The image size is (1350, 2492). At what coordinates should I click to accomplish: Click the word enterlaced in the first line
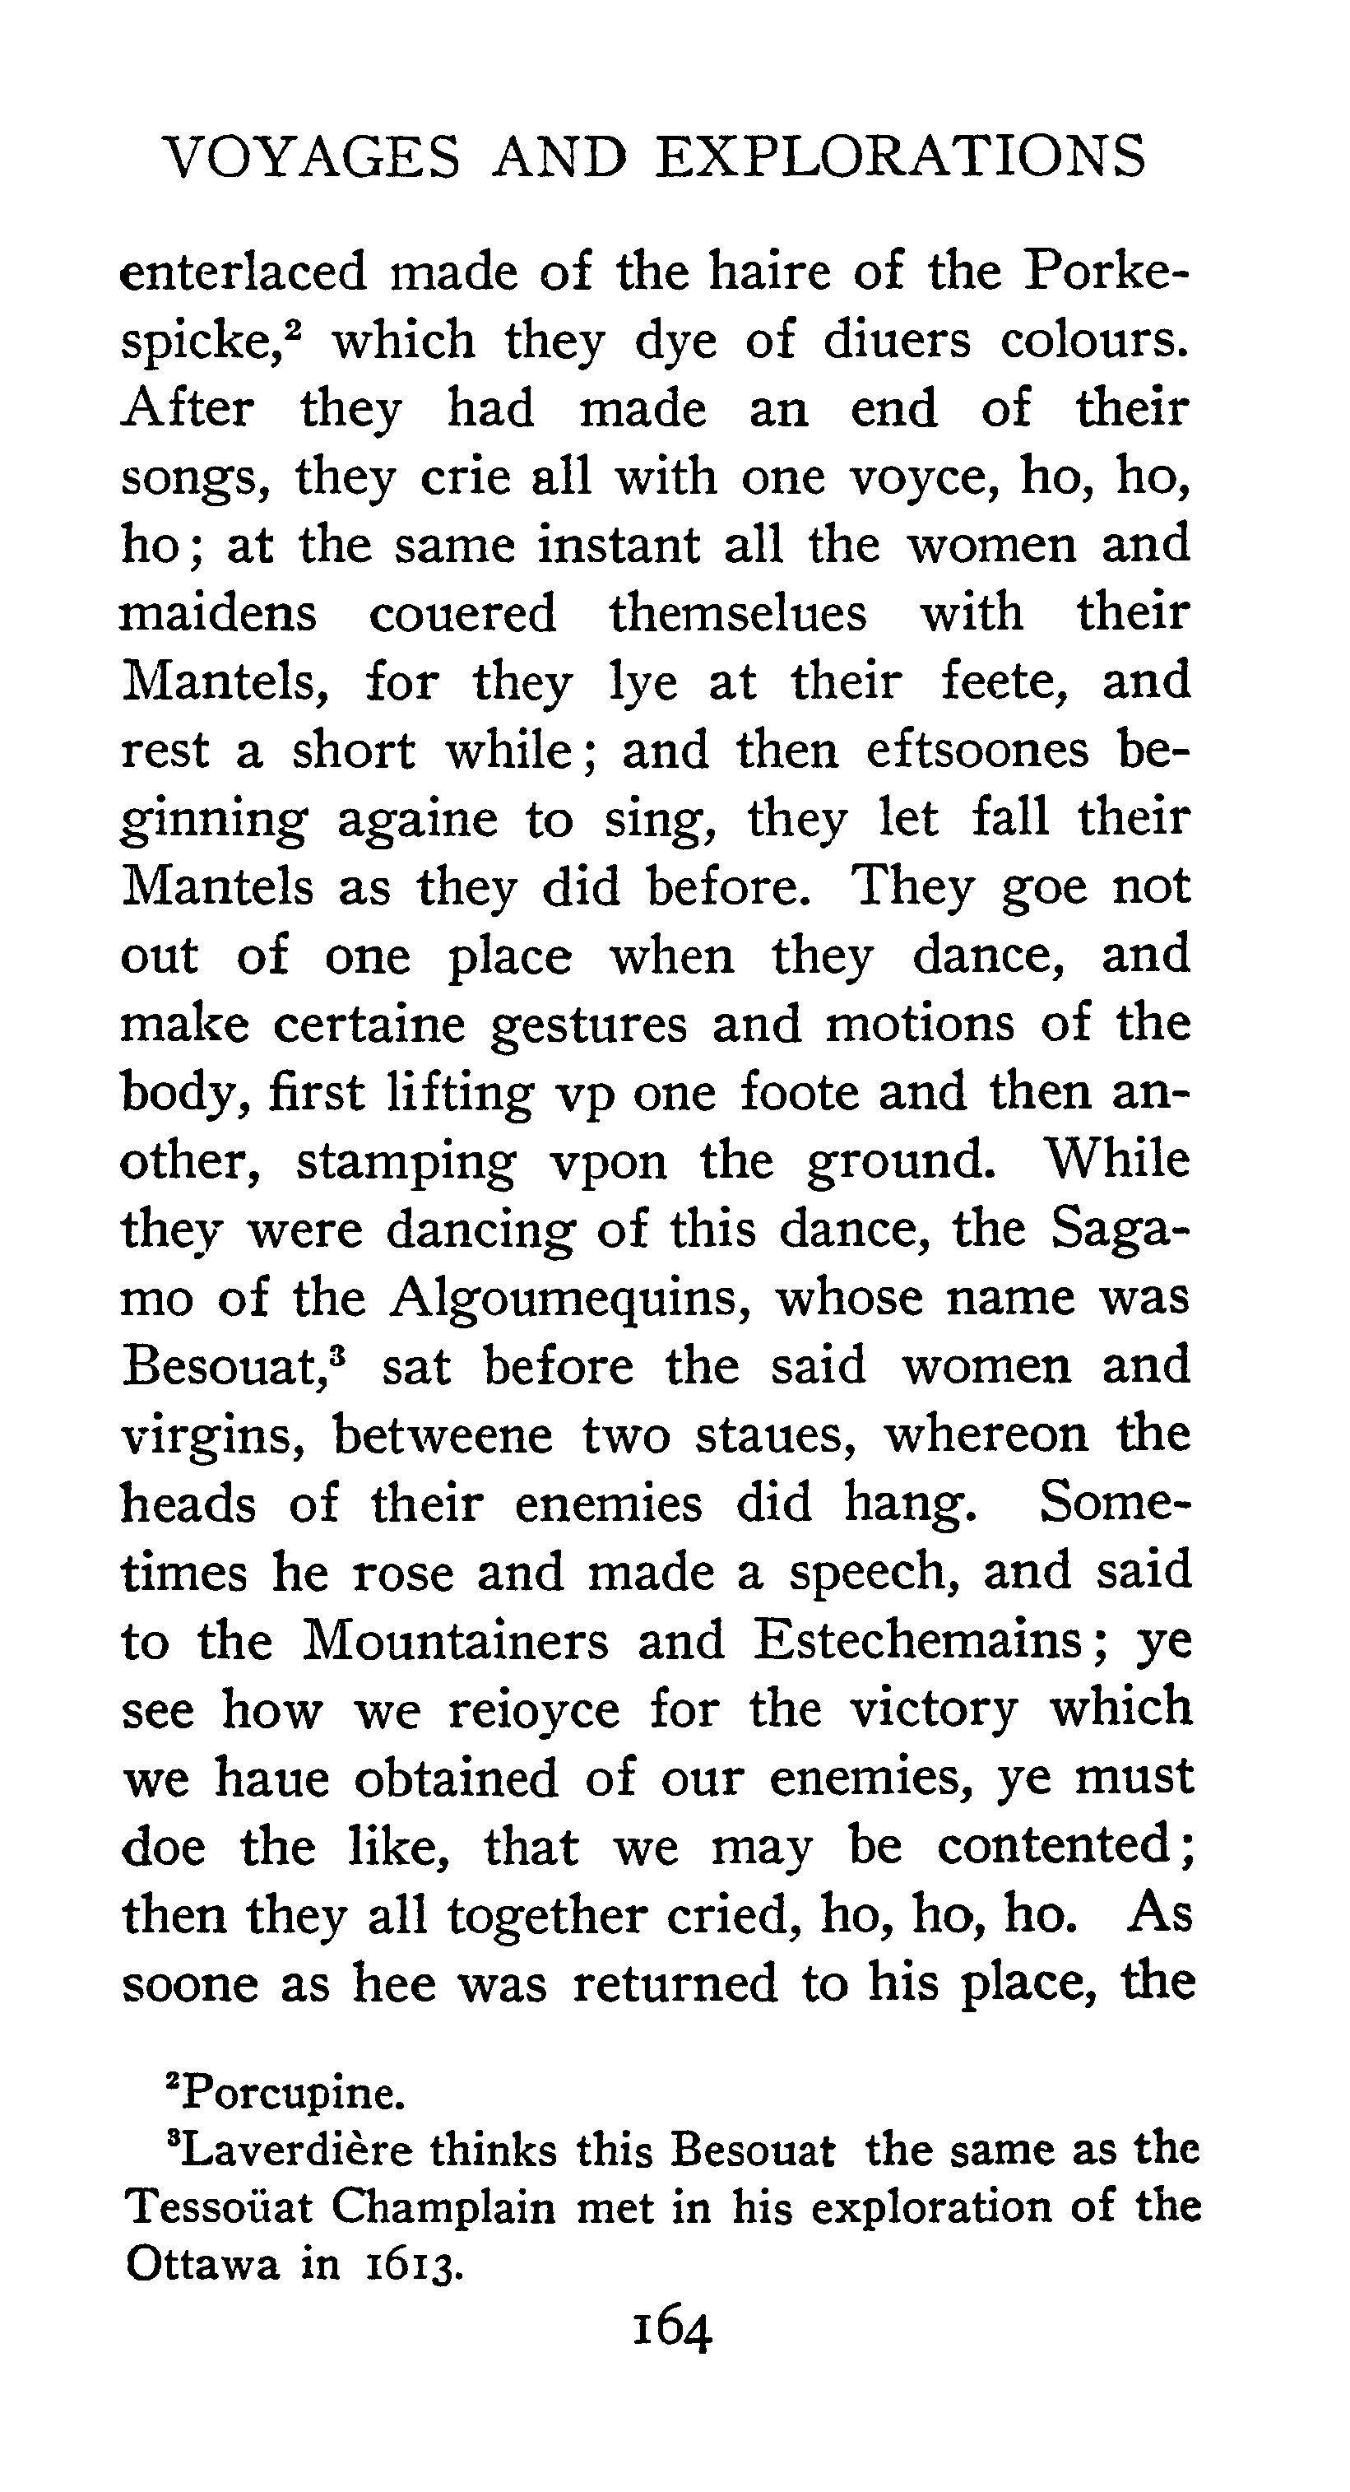(x=244, y=272)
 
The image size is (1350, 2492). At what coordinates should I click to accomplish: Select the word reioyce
(x=534, y=1709)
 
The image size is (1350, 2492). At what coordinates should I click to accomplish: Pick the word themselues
(x=738, y=613)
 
